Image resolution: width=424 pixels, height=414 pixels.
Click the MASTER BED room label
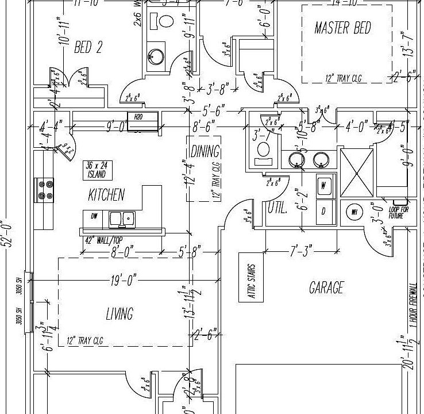coord(342,28)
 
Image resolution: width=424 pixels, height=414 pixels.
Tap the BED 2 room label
coord(88,47)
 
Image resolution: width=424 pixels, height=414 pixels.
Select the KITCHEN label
coord(106,195)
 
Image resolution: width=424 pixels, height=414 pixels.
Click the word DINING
coord(205,152)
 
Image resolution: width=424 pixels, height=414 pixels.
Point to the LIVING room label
coord(120,313)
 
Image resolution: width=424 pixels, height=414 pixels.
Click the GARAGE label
coord(326,287)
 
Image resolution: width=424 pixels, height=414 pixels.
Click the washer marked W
coord(323,185)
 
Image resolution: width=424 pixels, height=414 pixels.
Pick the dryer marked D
coord(323,211)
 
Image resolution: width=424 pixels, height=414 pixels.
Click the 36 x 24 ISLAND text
coord(97,170)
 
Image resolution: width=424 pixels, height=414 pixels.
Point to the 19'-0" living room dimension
coord(123,281)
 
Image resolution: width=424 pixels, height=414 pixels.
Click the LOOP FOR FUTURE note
coord(399,212)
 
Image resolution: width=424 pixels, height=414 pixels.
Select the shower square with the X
coord(357,171)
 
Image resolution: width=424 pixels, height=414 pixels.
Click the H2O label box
coord(138,117)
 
